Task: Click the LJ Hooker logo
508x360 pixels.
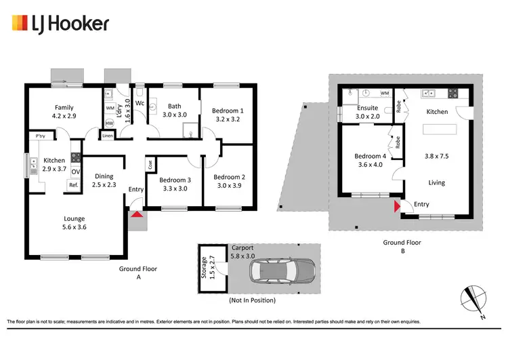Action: [x=60, y=24]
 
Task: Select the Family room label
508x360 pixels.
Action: [x=64, y=112]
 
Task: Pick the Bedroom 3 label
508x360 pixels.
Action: [x=175, y=184]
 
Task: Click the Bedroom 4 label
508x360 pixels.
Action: [x=369, y=161]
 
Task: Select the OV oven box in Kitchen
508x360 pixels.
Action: [x=75, y=171]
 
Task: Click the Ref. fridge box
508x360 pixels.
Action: [x=72, y=184]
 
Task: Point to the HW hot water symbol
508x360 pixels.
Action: [x=110, y=123]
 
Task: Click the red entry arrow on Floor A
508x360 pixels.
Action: [x=137, y=216]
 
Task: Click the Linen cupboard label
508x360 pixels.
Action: [x=107, y=136]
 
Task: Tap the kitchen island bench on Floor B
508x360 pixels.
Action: [x=437, y=129]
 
